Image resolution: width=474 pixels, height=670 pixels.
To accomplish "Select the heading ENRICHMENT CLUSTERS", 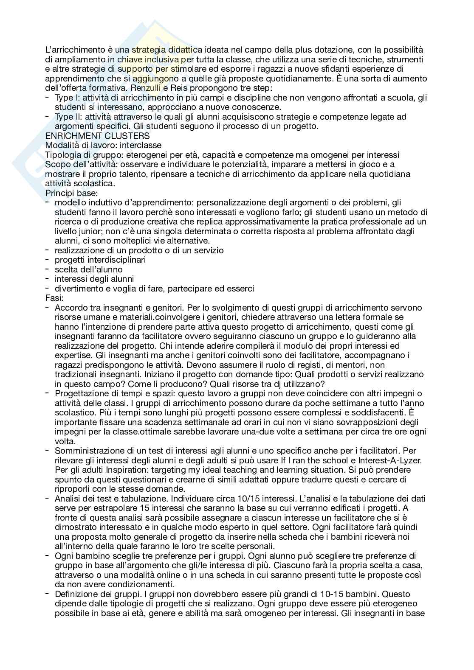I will coord(97,136).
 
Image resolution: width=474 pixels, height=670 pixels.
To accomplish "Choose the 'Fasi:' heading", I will coord(54,298).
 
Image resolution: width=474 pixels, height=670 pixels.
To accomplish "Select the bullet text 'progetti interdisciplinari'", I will coord(100,260).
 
